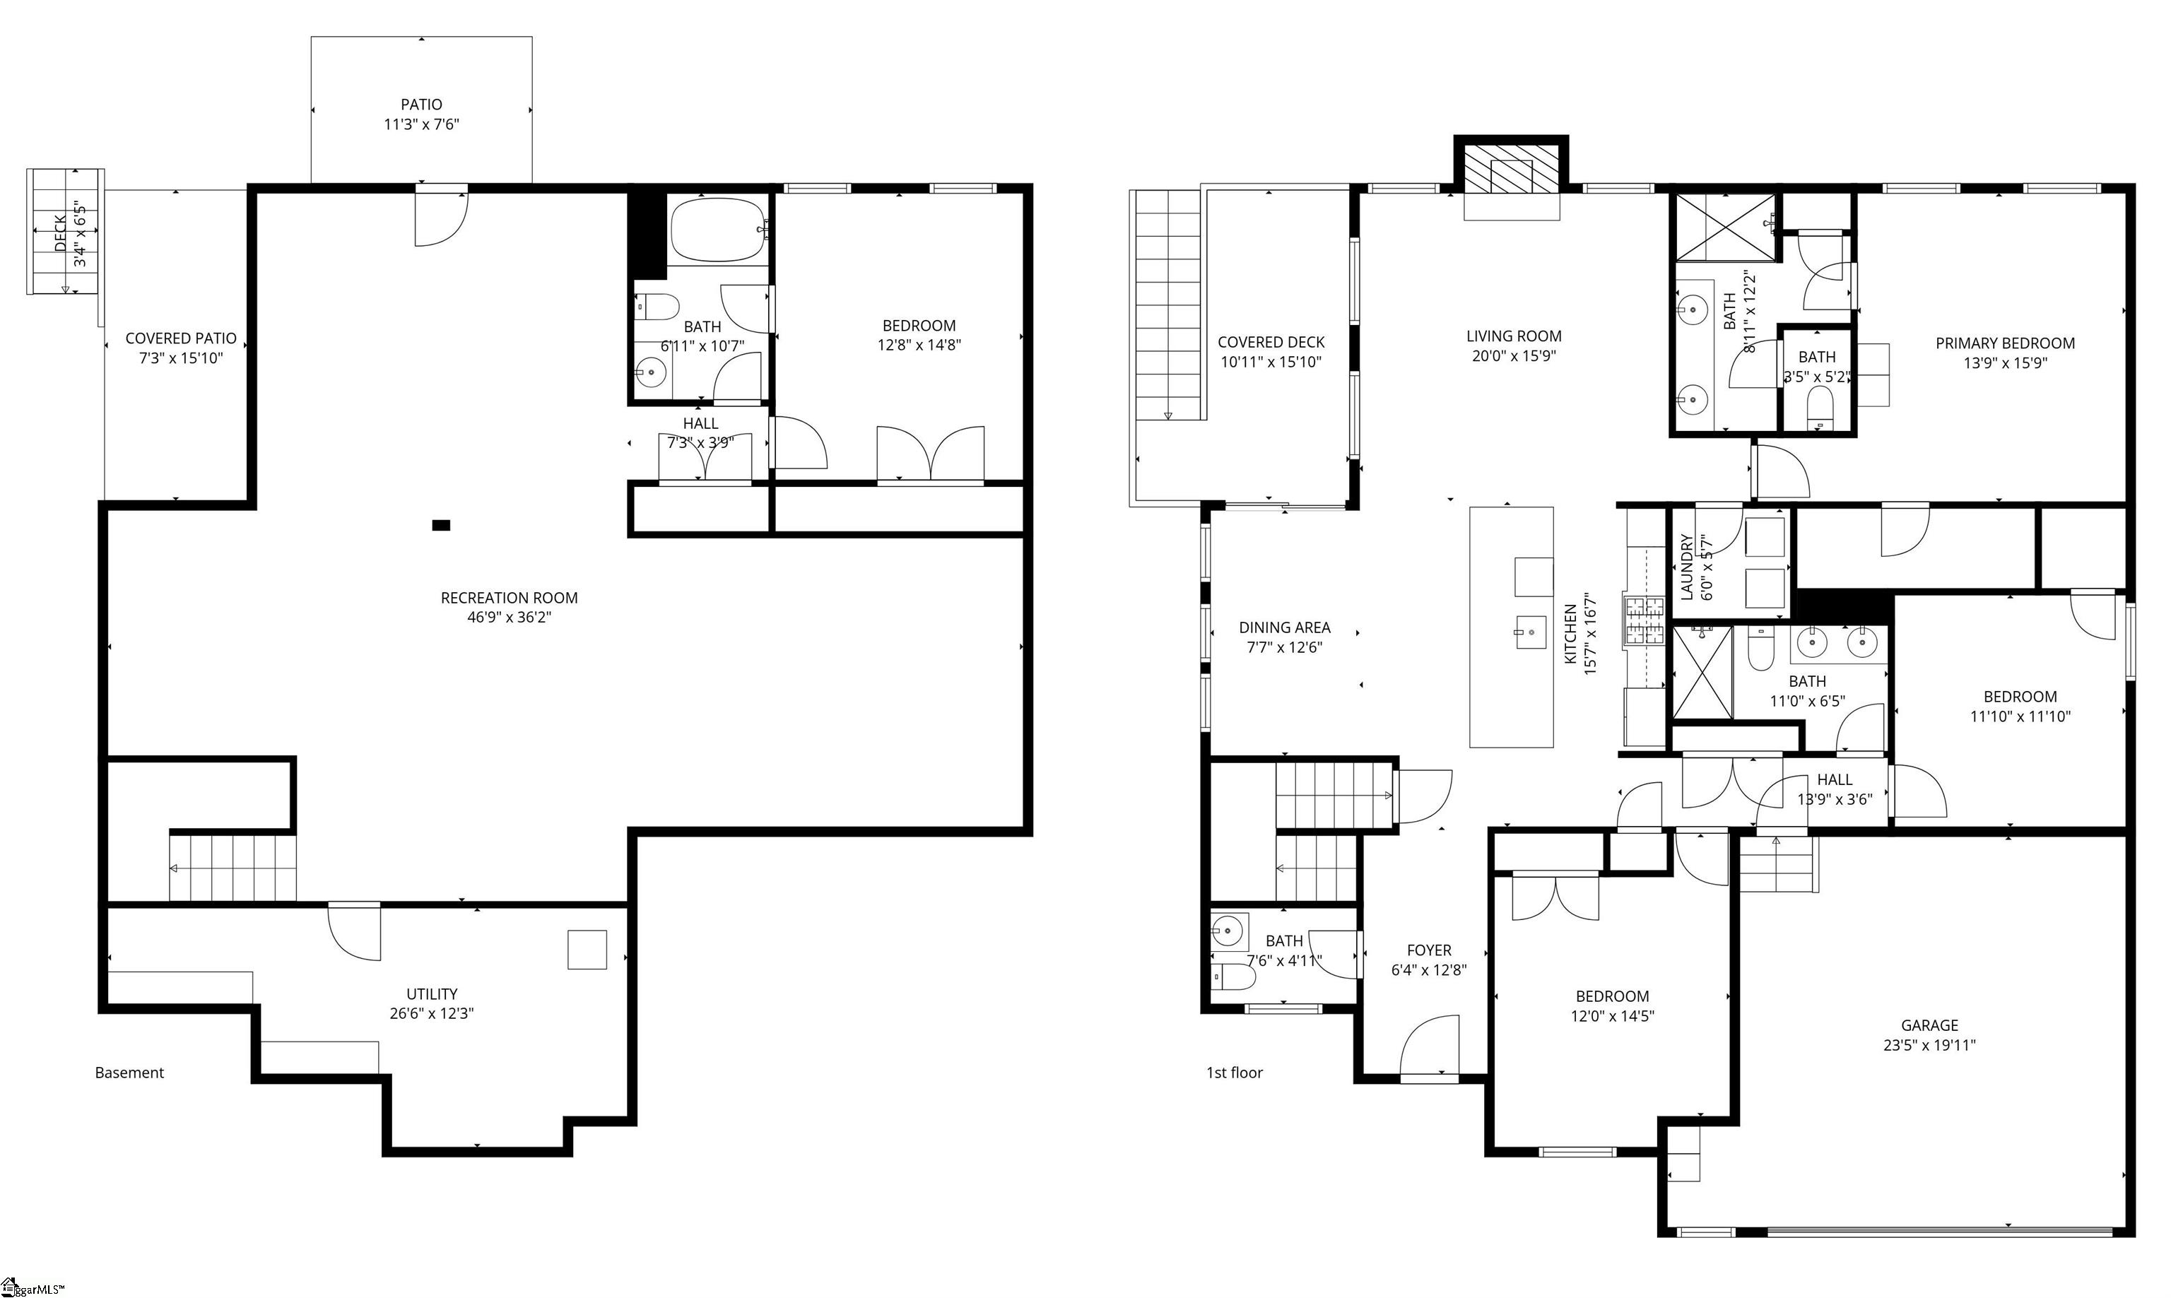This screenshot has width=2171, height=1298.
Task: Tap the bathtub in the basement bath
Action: pyautogui.click(x=717, y=229)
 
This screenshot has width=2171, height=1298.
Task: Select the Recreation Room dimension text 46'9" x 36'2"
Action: pyautogui.click(x=509, y=618)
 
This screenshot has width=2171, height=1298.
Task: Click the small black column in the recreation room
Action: pyautogui.click(x=441, y=525)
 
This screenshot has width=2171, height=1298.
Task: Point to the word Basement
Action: pyautogui.click(x=129, y=1073)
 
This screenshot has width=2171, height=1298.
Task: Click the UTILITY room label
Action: pyautogui.click(x=431, y=993)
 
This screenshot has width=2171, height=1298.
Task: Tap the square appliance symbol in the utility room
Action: pyautogui.click(x=587, y=950)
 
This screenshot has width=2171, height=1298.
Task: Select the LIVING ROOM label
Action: pyautogui.click(x=1513, y=336)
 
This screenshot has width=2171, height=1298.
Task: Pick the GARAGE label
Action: pyautogui.click(x=1929, y=1025)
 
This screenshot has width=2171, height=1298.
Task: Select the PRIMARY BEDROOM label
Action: pyautogui.click(x=2005, y=343)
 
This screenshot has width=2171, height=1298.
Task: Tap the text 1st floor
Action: pyautogui.click(x=1234, y=1073)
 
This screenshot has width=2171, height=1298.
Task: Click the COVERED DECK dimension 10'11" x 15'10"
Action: pyautogui.click(x=1270, y=362)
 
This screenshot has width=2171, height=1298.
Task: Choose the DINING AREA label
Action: pyautogui.click(x=1284, y=627)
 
